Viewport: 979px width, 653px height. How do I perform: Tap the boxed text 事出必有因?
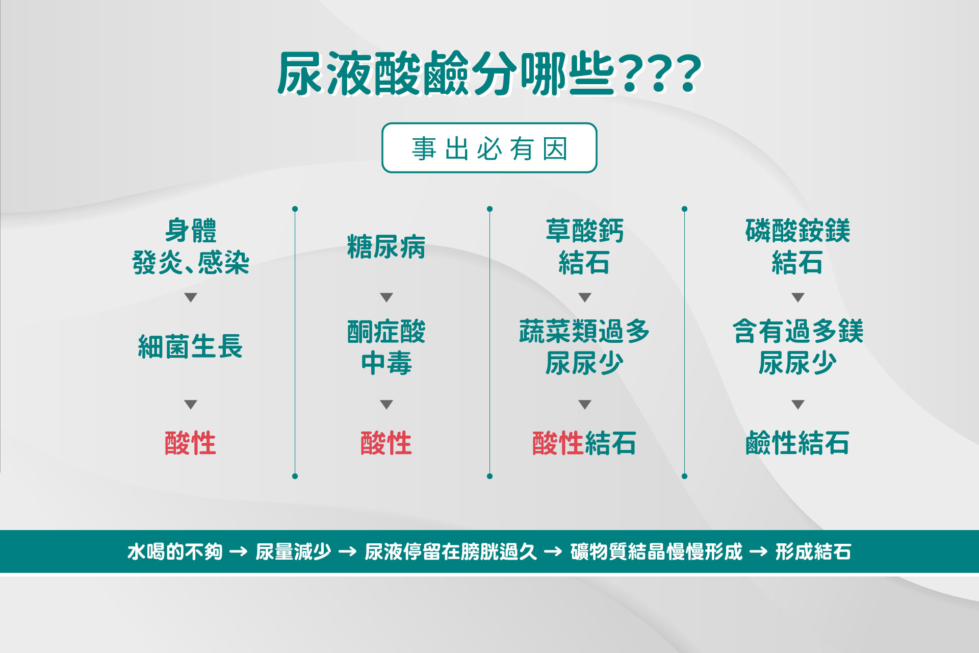click(x=489, y=148)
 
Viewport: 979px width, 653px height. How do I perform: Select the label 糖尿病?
click(x=386, y=247)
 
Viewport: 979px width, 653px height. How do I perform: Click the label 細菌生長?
click(x=190, y=346)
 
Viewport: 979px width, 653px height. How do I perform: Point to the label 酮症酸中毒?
click(x=386, y=347)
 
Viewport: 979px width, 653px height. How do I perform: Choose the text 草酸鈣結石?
click(x=584, y=246)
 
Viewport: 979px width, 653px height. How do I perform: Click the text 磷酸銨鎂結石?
click(x=797, y=246)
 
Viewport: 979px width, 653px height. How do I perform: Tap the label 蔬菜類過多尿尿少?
click(x=584, y=347)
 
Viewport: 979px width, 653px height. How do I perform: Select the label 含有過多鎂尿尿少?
click(x=797, y=347)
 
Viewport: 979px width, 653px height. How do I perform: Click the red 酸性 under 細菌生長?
click(x=190, y=443)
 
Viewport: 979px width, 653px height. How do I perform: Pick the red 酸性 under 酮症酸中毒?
click(x=386, y=443)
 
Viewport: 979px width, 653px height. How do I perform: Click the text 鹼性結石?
click(x=797, y=443)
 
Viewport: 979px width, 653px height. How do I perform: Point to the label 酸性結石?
click(x=584, y=443)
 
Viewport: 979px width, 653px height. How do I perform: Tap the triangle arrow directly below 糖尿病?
click(x=387, y=297)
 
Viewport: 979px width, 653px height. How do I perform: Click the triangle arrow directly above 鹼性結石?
click(x=798, y=405)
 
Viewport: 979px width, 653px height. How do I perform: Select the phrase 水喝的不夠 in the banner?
click(x=175, y=551)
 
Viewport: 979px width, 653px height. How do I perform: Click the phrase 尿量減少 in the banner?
click(x=293, y=551)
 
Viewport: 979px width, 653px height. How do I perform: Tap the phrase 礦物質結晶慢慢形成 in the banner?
click(x=656, y=551)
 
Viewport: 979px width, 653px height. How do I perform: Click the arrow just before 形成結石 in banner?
click(x=758, y=551)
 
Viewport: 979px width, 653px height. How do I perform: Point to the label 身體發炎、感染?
click(x=190, y=246)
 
